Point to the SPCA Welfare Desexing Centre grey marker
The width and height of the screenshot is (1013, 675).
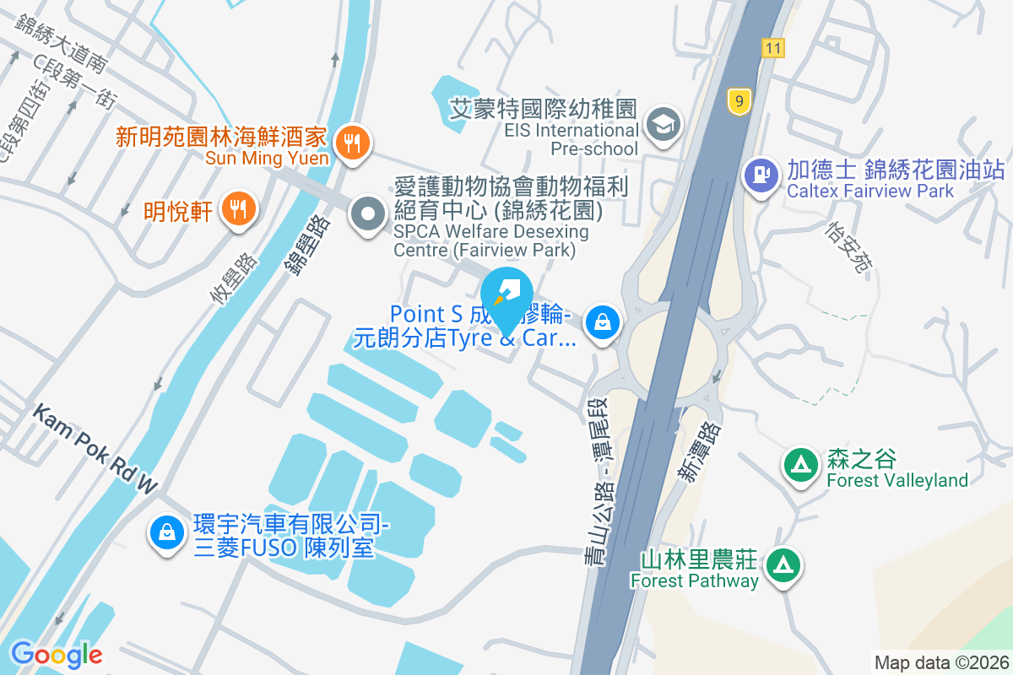tap(367, 214)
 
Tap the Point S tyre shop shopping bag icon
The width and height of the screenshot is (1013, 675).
tap(603, 322)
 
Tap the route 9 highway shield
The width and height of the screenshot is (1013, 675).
tap(739, 102)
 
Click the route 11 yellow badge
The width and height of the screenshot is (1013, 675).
tap(772, 48)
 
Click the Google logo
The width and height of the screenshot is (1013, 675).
tap(57, 654)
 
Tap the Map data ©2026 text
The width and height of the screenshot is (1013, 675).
tap(941, 662)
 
